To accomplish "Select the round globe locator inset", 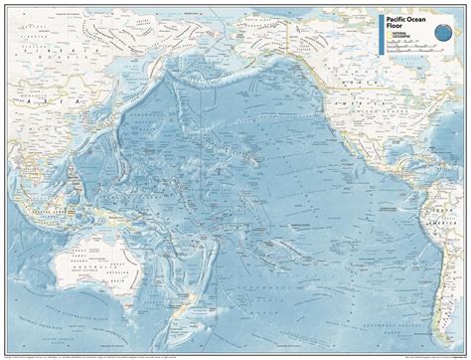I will tap(443, 35).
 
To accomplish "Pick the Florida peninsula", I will tap(423, 125).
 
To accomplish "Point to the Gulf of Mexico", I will tap(402, 129).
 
